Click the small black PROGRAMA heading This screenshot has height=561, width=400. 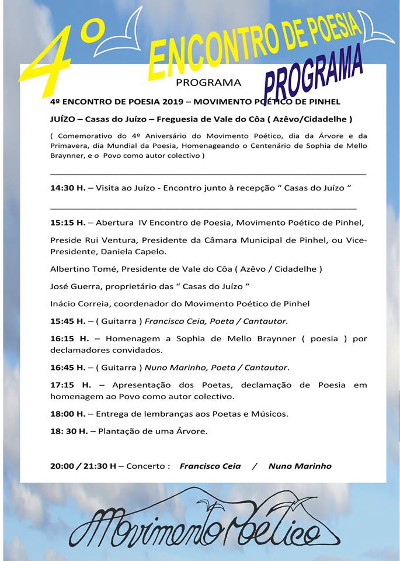point(208,82)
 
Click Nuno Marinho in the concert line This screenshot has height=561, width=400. point(300,466)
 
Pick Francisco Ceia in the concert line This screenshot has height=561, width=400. point(210,466)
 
